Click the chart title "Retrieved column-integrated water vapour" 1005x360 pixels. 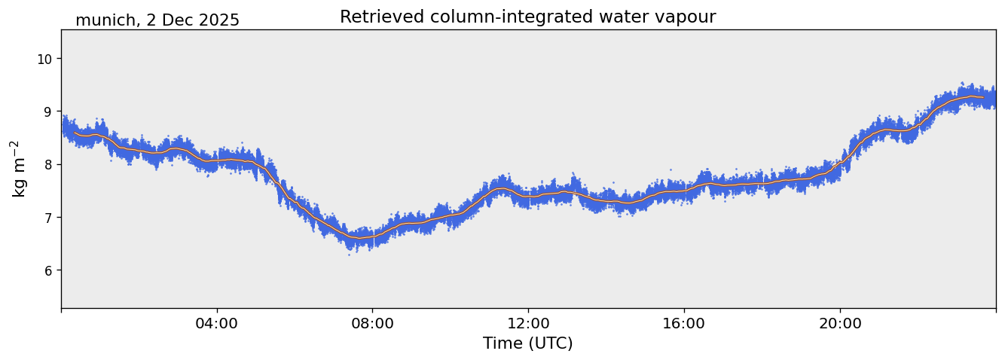point(527,17)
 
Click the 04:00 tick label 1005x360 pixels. point(217,323)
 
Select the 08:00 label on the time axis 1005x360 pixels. point(372,323)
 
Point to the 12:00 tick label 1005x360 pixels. point(528,323)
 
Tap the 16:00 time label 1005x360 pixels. point(684,323)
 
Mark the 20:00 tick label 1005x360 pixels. point(840,323)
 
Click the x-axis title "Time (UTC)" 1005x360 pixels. point(527,343)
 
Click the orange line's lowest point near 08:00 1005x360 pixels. point(360,238)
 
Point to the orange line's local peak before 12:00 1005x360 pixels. point(501,188)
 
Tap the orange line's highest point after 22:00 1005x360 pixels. point(970,96)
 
